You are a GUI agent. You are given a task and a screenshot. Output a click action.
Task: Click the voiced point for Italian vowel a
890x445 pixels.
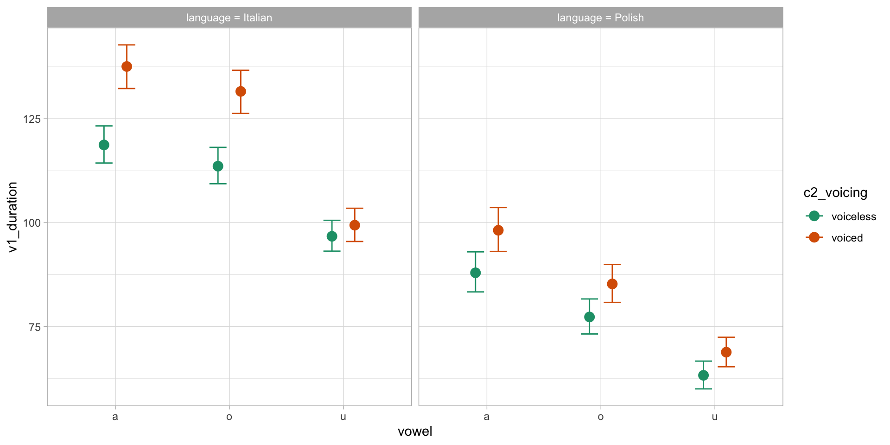pyautogui.click(x=127, y=67)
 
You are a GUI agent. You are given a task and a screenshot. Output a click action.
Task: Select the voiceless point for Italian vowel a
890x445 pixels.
pyautogui.click(x=104, y=145)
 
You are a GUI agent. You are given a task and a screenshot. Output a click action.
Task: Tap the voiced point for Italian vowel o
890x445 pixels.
pyautogui.click(x=241, y=92)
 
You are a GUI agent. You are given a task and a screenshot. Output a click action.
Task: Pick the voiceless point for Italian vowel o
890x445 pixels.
pyautogui.click(x=218, y=166)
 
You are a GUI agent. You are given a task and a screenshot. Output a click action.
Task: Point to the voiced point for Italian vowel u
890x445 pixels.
pyautogui.click(x=355, y=225)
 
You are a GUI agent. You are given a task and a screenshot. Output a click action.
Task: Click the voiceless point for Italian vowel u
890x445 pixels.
pyautogui.click(x=332, y=236)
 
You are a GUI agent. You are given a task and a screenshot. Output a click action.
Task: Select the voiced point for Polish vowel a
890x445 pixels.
pyautogui.click(x=498, y=230)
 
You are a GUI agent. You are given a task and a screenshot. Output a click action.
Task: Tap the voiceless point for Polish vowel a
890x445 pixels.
pyautogui.click(x=476, y=273)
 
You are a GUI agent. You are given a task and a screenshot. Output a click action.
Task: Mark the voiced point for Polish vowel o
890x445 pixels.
pyautogui.click(x=612, y=284)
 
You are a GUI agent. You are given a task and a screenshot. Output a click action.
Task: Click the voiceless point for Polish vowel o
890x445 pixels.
pyautogui.click(x=590, y=317)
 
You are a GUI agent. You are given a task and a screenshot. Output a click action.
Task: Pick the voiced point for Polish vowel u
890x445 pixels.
pyautogui.click(x=726, y=352)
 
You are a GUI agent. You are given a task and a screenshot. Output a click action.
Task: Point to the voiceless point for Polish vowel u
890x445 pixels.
pyautogui.click(x=704, y=375)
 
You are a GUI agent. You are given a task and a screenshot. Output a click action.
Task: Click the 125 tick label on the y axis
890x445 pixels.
pyautogui.click(x=32, y=119)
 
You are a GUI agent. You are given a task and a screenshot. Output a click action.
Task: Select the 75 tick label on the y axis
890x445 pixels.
pyautogui.click(x=35, y=327)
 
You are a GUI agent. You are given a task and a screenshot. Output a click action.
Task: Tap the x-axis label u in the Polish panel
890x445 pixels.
pyautogui.click(x=715, y=417)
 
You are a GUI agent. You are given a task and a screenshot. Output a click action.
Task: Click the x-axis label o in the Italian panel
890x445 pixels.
pyautogui.click(x=229, y=417)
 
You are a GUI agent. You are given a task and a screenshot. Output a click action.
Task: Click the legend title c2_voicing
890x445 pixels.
pyautogui.click(x=835, y=193)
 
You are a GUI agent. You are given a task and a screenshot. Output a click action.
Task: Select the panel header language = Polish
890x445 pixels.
pyautogui.click(x=600, y=18)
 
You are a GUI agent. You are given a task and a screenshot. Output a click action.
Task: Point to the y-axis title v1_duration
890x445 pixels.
pyautogui.click(x=13, y=217)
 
